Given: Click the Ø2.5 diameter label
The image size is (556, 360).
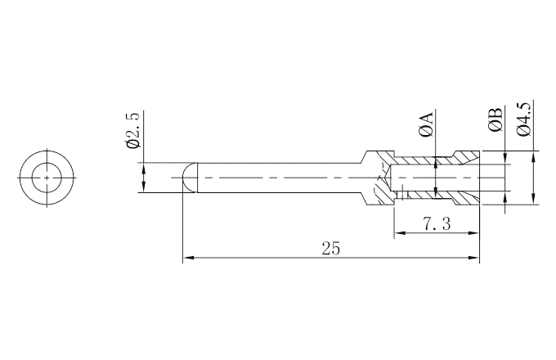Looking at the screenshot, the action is click(x=133, y=129).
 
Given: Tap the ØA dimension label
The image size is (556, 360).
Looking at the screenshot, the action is click(x=426, y=124).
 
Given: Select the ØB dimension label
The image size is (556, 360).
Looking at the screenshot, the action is click(x=495, y=119).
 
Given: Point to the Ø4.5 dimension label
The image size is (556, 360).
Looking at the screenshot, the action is click(x=524, y=119).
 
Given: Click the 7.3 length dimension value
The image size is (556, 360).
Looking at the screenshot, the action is click(x=437, y=224).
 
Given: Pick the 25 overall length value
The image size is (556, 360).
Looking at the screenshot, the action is click(x=330, y=249).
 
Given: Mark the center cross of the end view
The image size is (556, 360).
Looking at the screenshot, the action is click(x=47, y=178).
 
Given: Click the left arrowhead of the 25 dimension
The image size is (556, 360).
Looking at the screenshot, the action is click(x=188, y=258).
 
